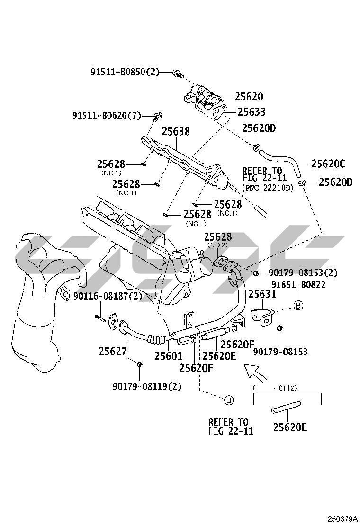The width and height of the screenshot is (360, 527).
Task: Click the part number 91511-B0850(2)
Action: [125, 72]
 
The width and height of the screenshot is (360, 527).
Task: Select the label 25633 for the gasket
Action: [251, 112]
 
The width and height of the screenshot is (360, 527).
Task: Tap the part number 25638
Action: [176, 131]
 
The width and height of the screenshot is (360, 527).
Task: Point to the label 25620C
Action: [328, 164]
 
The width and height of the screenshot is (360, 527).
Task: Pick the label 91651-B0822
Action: [298, 284]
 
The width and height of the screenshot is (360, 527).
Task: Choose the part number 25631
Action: [262, 295]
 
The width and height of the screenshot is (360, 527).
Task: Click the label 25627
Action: [113, 351]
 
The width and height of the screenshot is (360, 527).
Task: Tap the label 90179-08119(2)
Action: [147, 386]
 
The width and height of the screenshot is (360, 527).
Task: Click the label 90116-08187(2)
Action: [108, 296]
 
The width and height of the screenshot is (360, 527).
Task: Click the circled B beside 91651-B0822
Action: [298, 305]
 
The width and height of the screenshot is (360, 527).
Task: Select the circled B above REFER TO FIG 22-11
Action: [229, 401]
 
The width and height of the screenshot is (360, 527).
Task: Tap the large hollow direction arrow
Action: [255, 372]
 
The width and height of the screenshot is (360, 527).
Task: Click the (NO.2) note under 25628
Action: [218, 245]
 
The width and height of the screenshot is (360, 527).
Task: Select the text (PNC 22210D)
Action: [268, 188]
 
